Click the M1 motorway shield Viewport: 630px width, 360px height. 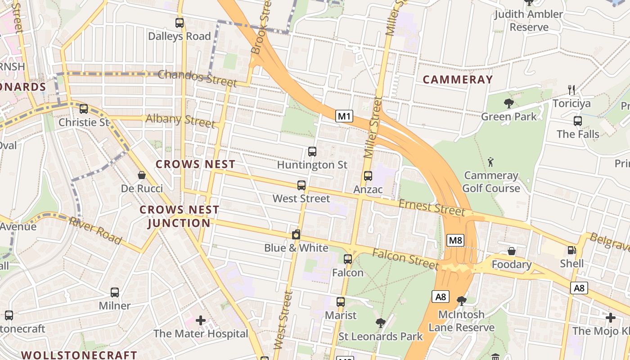point(344,117)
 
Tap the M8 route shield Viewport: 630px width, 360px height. point(455,240)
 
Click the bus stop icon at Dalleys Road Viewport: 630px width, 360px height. point(180,23)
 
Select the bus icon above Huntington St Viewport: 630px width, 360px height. point(312,152)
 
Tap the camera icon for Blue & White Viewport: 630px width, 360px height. point(296,234)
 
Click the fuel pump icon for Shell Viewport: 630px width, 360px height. point(571,250)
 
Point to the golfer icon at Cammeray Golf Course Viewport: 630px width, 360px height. point(491,162)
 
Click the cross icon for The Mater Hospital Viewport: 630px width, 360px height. point(201,320)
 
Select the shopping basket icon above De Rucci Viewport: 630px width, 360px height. point(142,175)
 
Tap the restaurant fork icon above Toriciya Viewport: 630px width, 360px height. point(571,90)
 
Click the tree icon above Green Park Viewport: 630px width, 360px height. point(509,103)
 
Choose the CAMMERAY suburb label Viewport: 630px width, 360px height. point(458,80)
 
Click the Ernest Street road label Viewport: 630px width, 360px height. point(431,207)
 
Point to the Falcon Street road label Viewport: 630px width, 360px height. point(405,259)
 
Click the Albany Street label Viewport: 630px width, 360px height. point(180,120)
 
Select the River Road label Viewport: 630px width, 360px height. point(95,230)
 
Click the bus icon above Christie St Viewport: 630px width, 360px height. point(84,109)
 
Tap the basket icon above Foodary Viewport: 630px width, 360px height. point(511,251)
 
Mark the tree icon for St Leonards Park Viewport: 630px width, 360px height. point(381,323)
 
